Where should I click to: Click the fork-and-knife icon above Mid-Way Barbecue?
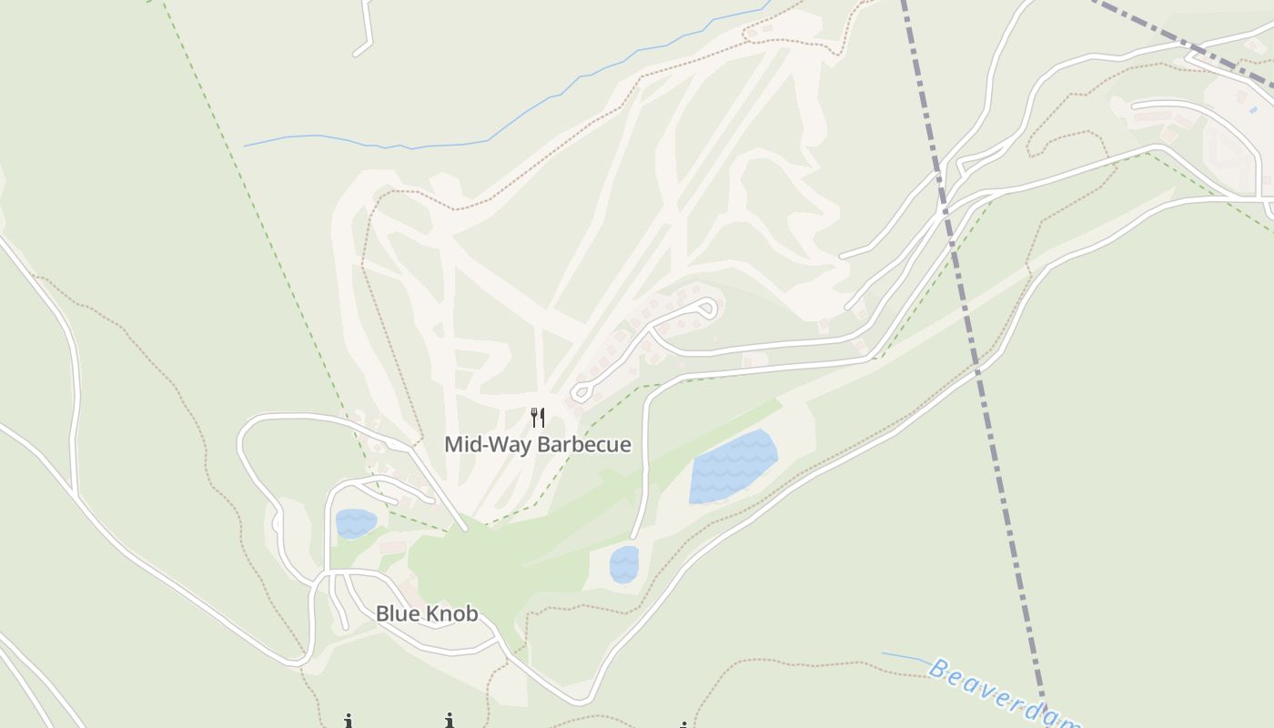click(538, 418)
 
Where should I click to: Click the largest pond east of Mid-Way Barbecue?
click(733, 466)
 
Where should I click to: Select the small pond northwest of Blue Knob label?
click(355, 523)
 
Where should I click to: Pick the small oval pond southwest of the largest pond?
click(624, 564)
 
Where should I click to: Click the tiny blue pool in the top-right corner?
click(1253, 110)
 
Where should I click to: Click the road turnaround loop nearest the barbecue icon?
click(581, 393)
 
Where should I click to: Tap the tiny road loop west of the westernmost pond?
click(277, 522)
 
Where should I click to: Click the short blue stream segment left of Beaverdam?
click(905, 657)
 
